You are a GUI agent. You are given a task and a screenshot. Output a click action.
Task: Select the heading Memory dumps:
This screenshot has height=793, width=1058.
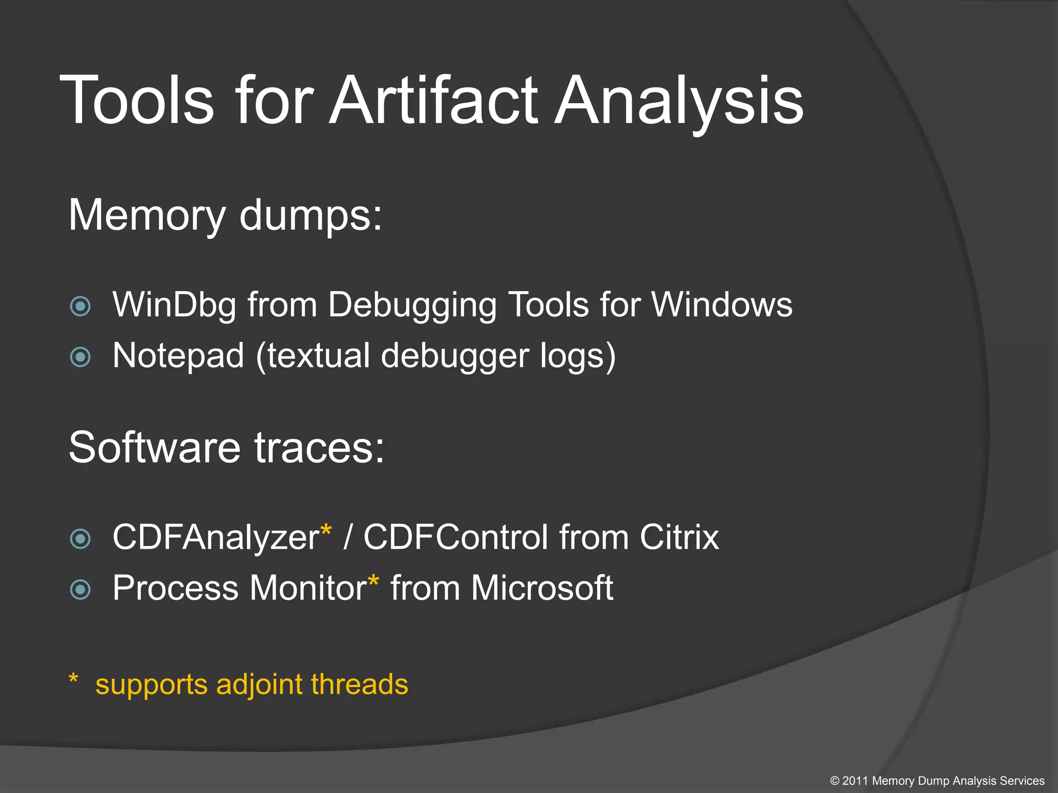[x=225, y=215]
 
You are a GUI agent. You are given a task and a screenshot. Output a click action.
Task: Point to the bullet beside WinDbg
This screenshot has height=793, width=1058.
[x=80, y=306]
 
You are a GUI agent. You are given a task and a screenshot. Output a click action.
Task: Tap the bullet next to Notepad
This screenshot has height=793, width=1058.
[x=80, y=357]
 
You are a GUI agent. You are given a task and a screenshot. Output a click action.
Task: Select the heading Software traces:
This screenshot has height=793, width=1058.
[x=226, y=447]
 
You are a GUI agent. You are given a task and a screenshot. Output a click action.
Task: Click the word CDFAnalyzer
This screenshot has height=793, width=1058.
[x=216, y=537]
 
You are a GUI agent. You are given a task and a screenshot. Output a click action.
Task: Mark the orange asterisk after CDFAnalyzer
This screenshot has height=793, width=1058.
[x=326, y=530]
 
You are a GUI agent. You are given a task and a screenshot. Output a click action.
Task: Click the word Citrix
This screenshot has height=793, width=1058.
[x=679, y=537]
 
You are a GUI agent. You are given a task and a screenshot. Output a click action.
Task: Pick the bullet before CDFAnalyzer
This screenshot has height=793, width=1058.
[x=80, y=538]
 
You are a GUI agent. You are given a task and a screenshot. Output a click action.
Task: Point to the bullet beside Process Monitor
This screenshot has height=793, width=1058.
[x=80, y=589]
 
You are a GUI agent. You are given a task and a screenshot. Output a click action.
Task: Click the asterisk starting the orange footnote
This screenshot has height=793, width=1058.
[x=73, y=678]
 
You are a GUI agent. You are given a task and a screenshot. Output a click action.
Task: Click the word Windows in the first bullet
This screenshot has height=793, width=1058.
[x=722, y=305]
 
